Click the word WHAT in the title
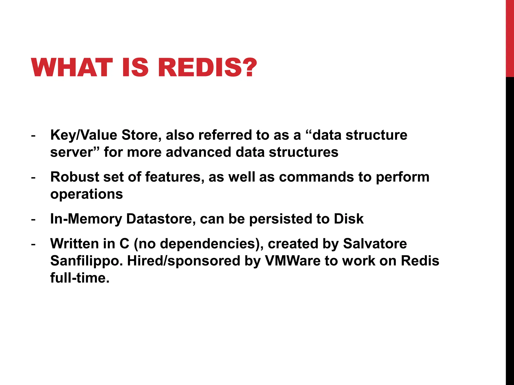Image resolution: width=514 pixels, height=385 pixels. point(72,67)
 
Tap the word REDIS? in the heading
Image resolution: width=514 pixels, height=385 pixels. point(207,67)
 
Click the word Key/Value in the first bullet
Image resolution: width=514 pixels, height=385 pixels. point(84,135)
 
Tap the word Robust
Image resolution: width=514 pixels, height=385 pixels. point(75,177)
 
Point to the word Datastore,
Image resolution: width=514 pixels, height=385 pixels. point(161,219)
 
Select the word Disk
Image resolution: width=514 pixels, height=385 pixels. point(348,219)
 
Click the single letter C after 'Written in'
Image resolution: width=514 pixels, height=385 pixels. point(124,244)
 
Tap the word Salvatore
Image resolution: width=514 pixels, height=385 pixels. point(375,244)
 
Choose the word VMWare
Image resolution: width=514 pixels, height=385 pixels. point(293,261)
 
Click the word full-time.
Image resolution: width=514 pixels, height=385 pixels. point(80,278)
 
